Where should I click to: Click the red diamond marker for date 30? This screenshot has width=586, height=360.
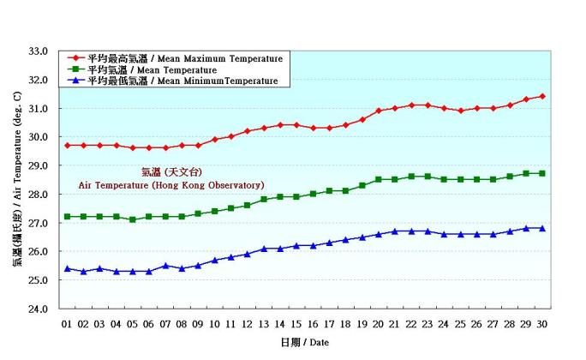click(542, 97)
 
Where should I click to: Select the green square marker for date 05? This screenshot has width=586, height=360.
click(133, 219)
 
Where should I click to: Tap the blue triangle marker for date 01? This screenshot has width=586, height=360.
click(67, 268)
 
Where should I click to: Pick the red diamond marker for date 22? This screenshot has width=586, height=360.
click(411, 105)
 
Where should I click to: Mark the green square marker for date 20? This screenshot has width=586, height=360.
click(379, 180)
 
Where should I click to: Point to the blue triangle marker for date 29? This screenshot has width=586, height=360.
click(526, 228)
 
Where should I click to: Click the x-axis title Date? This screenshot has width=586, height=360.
click(304, 342)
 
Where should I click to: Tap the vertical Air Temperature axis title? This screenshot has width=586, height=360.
click(17, 180)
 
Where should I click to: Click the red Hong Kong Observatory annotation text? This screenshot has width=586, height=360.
click(171, 184)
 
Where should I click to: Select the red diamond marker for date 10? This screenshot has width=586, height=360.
click(215, 139)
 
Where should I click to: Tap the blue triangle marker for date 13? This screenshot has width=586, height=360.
click(264, 249)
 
